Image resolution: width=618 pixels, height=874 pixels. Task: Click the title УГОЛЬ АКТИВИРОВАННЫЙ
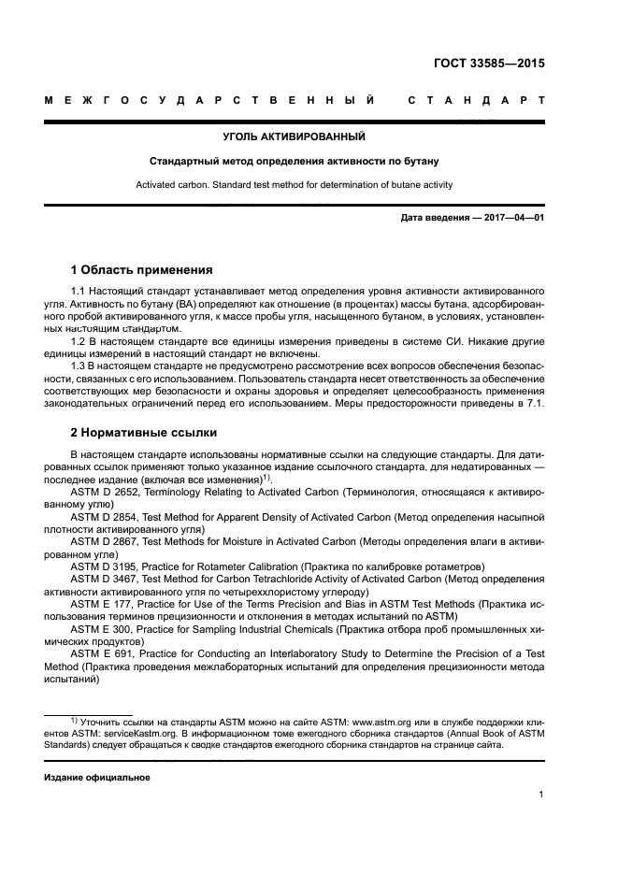[x=294, y=137]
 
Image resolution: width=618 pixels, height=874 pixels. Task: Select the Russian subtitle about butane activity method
[x=294, y=161]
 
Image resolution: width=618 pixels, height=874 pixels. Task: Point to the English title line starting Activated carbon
[x=294, y=185]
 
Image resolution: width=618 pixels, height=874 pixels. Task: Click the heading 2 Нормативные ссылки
[x=144, y=432]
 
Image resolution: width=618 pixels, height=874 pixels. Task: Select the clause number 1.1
[x=79, y=293]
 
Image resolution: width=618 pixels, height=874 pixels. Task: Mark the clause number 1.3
[x=79, y=366]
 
